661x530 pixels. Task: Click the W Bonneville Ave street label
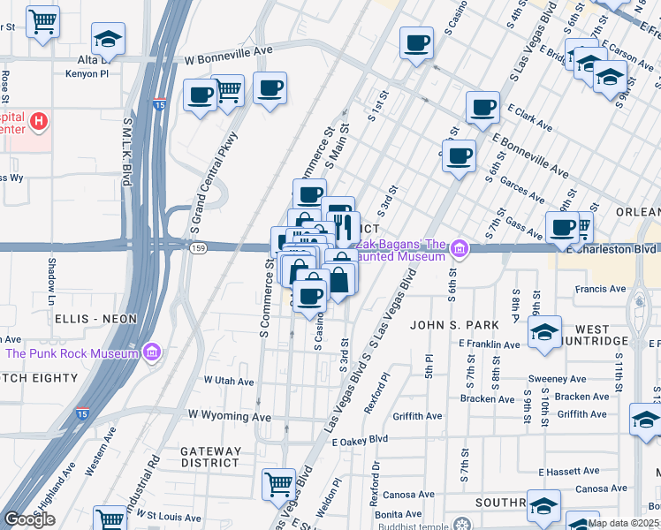(228, 52)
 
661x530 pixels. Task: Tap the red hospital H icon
(39, 120)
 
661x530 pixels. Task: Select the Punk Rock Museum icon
(153, 353)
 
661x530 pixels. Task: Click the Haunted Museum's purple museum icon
(459, 249)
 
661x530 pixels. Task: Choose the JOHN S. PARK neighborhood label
(450, 324)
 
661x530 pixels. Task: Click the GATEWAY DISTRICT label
(210, 456)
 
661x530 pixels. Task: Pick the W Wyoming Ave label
(229, 415)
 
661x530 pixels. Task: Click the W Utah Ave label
(229, 382)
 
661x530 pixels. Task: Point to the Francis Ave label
(600, 289)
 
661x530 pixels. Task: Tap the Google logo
(29, 519)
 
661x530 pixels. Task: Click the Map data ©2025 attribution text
(622, 523)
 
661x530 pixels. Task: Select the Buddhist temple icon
(460, 523)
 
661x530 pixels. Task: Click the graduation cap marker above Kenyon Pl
(108, 38)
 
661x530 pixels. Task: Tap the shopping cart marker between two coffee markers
(228, 88)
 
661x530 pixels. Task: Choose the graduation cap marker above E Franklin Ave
(544, 332)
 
